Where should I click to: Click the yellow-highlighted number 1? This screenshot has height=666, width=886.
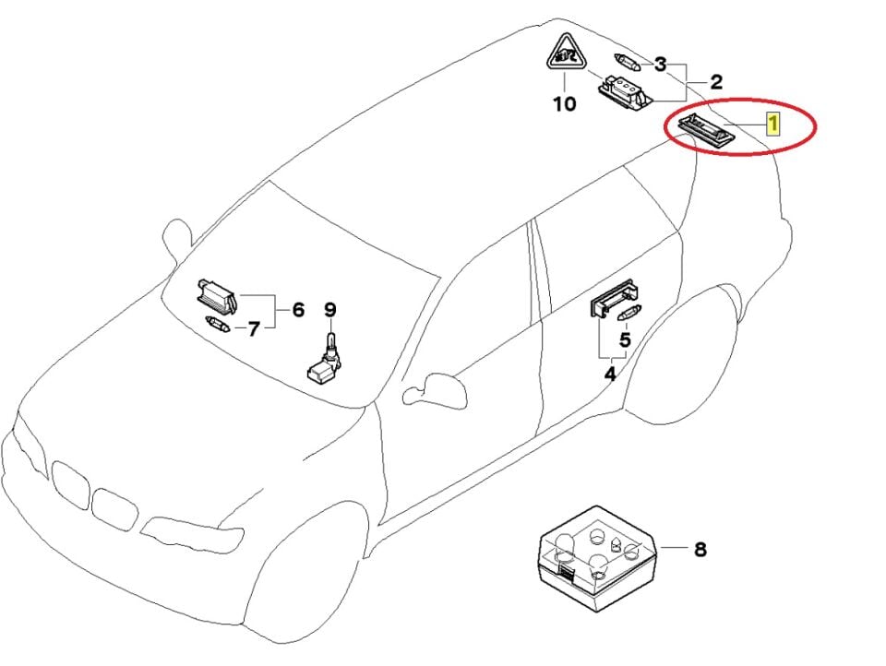pos(774,123)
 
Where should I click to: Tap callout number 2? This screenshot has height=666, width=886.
pos(715,81)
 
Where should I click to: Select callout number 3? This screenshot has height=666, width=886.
pos(660,64)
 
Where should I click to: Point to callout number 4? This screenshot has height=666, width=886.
pos(609,375)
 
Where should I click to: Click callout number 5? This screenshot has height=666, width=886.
pos(626,340)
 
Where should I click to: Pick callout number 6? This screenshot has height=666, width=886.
pos(298,310)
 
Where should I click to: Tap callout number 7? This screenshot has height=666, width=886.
pos(254,327)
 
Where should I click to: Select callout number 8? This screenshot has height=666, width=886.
pos(700,550)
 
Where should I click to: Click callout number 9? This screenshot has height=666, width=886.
pos(330,310)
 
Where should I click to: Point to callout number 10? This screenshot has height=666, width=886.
pos(563,103)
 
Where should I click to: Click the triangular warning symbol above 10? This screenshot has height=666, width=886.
pos(563,54)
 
